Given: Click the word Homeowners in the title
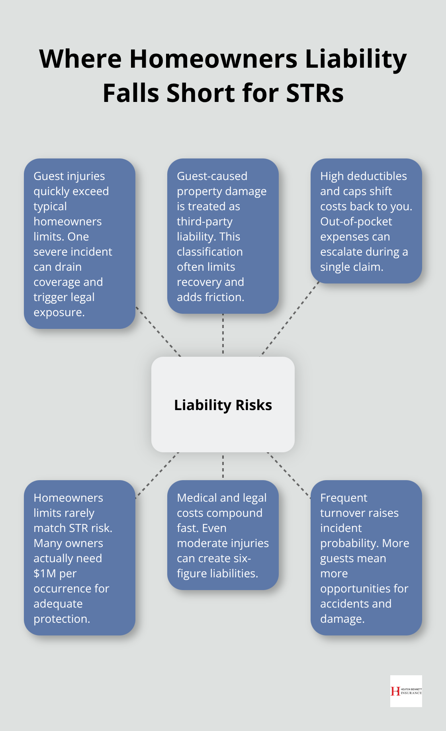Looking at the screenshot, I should (x=213, y=59).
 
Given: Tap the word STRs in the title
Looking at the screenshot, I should (x=315, y=93).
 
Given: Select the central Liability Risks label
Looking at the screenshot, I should (x=223, y=405).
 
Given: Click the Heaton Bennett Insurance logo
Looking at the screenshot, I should (x=406, y=691).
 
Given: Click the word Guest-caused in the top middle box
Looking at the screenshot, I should (x=212, y=176).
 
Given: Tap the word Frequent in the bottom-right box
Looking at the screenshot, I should (x=344, y=498).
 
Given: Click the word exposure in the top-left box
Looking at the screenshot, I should (x=58, y=312).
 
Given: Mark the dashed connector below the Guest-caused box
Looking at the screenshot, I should (x=223, y=334).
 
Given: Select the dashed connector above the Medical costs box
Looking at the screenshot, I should (x=223, y=466).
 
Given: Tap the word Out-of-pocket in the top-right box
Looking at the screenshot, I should (x=356, y=221).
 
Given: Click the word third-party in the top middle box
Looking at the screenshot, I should (x=204, y=221).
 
